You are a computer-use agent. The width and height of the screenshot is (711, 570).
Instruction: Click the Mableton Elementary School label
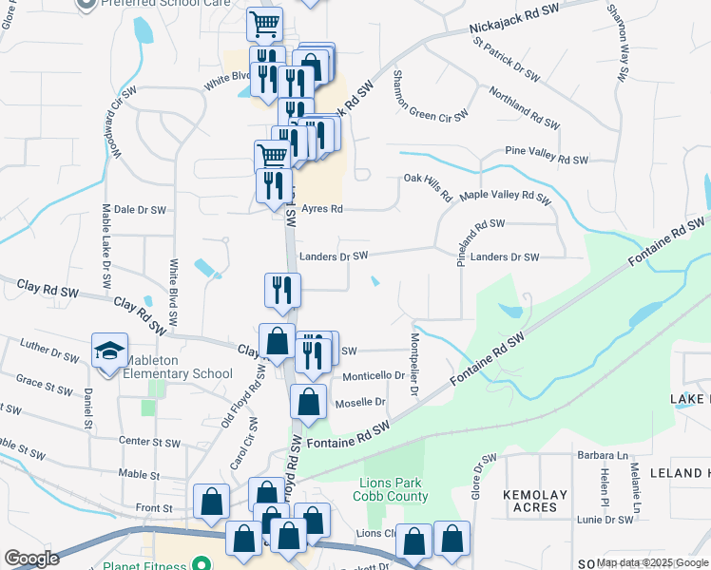172,373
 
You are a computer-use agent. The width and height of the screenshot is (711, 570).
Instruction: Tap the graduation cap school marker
109,351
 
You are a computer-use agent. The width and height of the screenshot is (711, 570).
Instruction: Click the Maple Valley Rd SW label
505,198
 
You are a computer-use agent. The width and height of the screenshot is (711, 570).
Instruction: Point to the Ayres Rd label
322,208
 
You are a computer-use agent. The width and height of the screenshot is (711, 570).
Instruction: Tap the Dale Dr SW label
140,209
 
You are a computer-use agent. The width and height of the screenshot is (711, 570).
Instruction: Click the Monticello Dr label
360,376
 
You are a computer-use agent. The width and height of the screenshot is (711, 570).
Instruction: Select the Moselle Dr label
360,403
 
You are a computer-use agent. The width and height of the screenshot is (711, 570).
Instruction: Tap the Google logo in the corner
31,559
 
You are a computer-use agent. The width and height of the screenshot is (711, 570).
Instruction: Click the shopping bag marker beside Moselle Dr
309,402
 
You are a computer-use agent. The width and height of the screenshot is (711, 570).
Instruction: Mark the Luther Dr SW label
48,354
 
